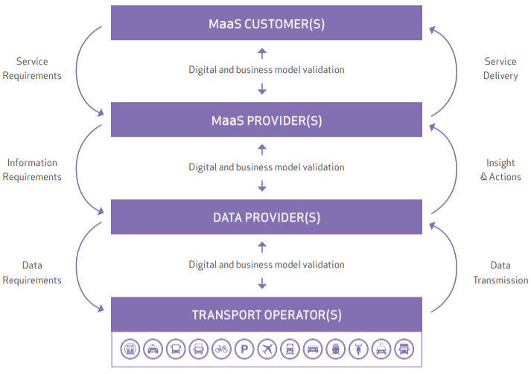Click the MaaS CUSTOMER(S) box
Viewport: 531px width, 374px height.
267,23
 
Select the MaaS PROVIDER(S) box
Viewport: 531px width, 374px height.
267,120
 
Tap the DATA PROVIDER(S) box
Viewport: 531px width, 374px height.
267,218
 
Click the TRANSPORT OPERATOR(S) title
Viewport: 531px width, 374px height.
267,315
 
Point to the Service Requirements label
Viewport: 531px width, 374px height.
31,68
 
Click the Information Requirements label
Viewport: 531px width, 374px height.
31,170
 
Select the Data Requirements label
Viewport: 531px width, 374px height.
31,273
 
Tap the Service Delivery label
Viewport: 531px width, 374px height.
500,68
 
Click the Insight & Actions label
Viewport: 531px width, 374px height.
500,170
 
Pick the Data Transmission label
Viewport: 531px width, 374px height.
500,273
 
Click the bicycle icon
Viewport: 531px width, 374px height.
220,348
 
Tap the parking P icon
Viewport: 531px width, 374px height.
244,348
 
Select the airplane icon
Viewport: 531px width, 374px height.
267,348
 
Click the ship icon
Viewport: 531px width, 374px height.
335,348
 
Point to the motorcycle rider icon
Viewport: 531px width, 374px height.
358,348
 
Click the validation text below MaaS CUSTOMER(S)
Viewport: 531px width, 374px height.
267,71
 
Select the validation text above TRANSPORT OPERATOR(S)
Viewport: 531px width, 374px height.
267,265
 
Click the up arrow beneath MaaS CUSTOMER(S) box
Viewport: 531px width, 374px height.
261,53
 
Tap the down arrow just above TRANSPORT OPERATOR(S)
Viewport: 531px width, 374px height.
261,283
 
